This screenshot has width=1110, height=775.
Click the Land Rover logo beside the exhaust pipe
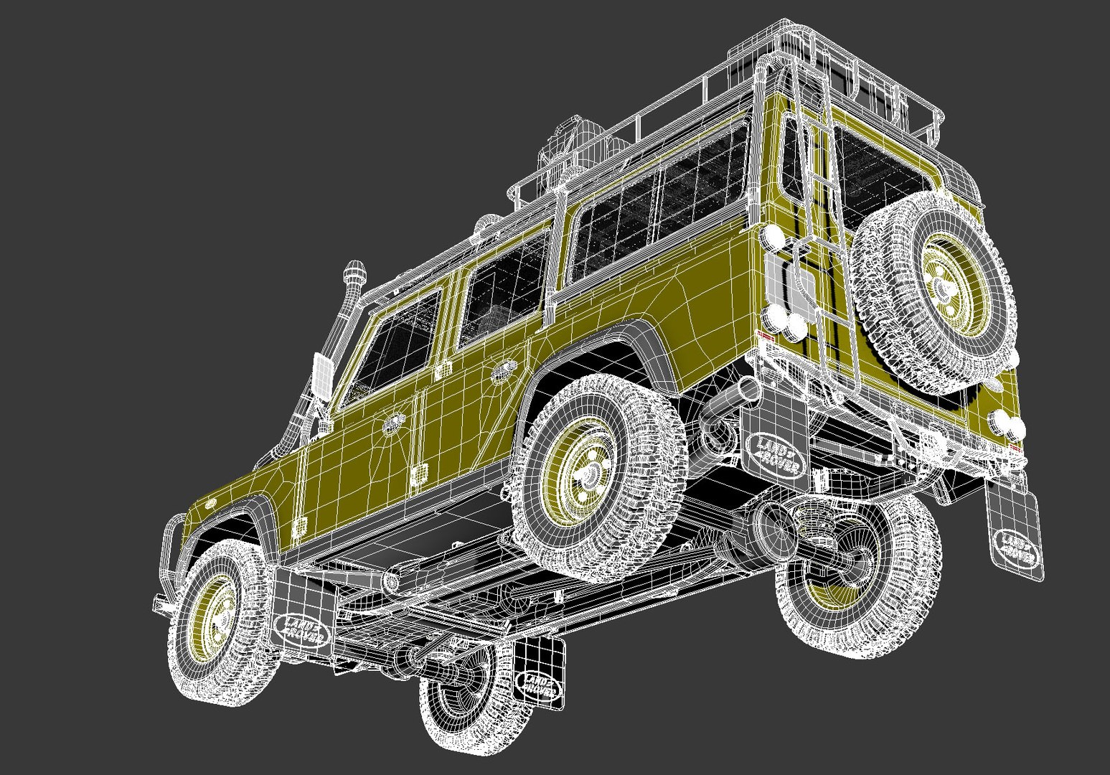775,455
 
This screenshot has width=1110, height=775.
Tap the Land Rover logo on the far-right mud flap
1015,549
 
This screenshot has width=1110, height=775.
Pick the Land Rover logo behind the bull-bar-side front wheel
301,629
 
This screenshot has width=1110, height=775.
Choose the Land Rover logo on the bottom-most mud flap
538,685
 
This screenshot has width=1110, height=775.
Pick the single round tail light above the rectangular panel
773,235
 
